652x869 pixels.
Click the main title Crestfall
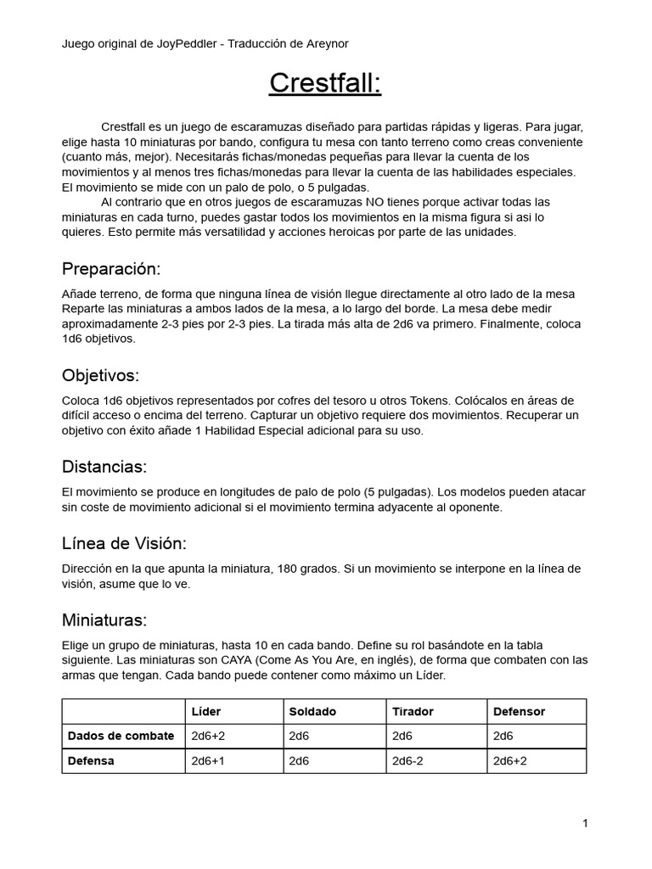coord(325,84)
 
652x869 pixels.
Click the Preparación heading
coord(111,269)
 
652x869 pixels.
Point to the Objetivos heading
coord(100,375)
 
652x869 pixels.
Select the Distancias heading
coord(104,467)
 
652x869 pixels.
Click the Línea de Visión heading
coord(124,543)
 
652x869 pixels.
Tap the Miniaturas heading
coord(104,620)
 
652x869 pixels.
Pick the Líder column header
coord(206,711)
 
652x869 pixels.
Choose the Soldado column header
coord(312,711)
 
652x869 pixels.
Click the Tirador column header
coord(413,711)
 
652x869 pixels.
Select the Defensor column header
coord(519,711)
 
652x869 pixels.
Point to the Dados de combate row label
coord(121,736)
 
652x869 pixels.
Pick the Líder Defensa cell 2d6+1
coord(209,761)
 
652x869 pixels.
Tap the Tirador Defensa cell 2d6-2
coord(411,761)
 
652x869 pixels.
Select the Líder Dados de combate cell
coord(209,736)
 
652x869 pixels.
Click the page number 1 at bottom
coord(585,822)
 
